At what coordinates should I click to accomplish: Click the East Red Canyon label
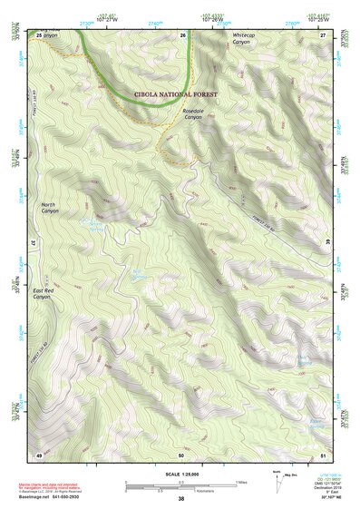[x=44, y=293]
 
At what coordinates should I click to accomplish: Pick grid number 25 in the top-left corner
[x=40, y=34]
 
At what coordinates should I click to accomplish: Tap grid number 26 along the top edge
[x=182, y=34]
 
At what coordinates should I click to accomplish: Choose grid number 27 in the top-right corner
[x=322, y=34]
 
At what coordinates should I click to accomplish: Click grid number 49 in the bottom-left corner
[x=39, y=453]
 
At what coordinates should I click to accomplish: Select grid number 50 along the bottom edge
[x=181, y=453]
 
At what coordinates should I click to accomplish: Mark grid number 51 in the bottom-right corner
[x=323, y=453]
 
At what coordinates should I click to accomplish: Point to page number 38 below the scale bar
[x=181, y=499]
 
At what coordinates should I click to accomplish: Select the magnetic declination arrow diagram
[x=278, y=479]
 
